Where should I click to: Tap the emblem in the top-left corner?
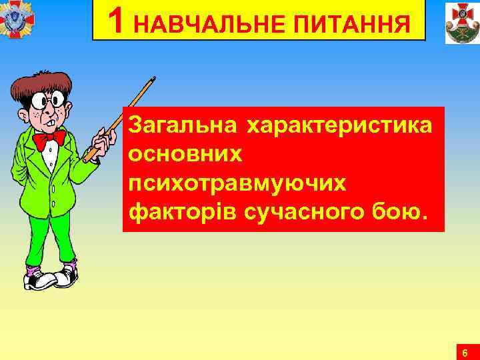[x=17, y=17]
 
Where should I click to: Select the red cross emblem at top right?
[x=462, y=22]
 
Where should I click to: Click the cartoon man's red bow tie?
[x=49, y=139]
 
